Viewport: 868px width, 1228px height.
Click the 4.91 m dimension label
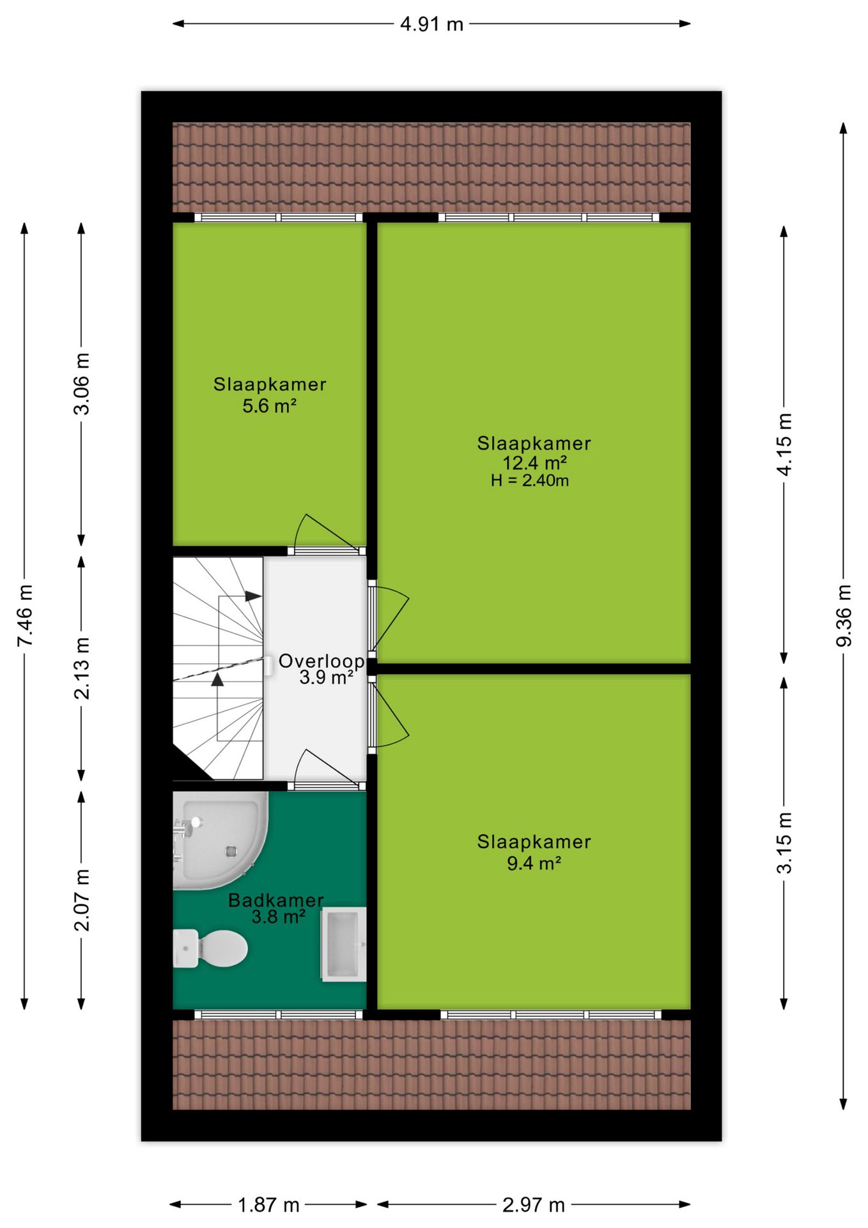coord(431,24)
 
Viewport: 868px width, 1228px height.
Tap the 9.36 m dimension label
coord(844,615)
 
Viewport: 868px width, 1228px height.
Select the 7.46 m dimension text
coord(25,615)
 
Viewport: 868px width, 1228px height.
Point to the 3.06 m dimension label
coord(82,384)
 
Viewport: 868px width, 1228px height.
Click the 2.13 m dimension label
coord(82,668)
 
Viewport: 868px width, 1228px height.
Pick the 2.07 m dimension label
coord(82,901)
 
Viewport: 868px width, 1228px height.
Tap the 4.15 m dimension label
coord(784,445)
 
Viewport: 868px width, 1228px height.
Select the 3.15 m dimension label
coord(784,843)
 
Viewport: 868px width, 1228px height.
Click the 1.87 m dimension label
coord(268,1205)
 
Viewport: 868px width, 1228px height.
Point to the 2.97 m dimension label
coord(534,1205)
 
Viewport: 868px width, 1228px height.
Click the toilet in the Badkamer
coord(210,948)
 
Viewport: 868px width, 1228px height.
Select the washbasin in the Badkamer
coord(343,944)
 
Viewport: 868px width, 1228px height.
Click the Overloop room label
coord(322,661)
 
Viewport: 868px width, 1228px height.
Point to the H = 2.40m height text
coord(530,480)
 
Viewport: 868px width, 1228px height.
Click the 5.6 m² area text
coord(269,405)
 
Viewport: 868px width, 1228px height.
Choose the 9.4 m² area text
coord(534,863)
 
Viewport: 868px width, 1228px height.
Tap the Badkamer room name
coord(276,900)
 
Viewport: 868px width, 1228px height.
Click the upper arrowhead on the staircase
coord(254,596)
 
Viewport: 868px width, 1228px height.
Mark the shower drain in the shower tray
coord(231,851)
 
